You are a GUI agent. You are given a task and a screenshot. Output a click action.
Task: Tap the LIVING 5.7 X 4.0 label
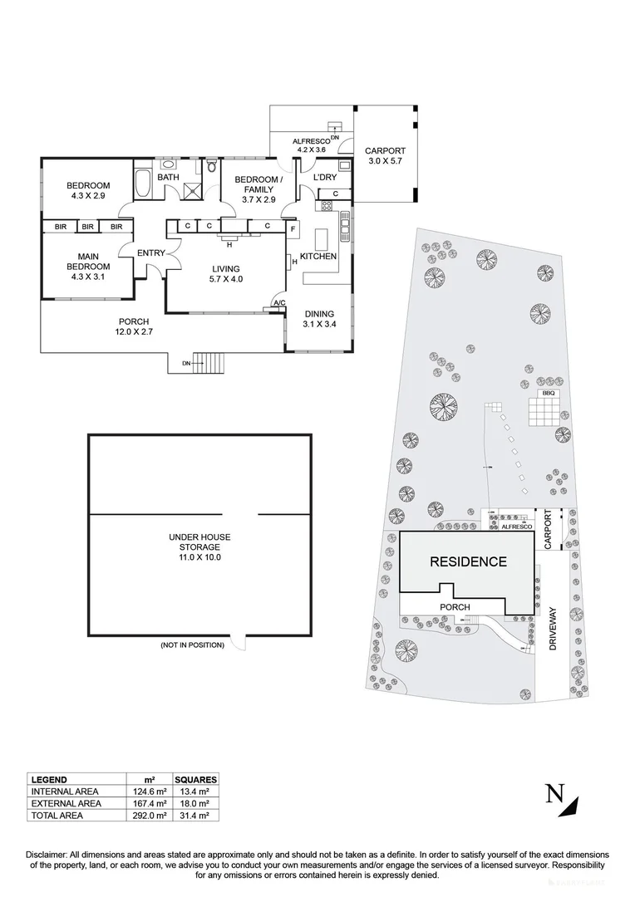225,274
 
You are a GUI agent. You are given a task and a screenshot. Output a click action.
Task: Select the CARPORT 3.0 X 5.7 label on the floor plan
383,156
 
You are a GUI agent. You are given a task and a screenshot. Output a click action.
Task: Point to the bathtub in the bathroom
141,184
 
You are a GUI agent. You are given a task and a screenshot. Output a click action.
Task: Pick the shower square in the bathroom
194,190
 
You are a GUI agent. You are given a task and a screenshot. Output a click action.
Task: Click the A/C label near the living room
279,304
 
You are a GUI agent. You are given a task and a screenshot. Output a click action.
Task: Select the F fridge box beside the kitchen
293,227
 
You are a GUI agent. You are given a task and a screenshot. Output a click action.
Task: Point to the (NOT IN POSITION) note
192,645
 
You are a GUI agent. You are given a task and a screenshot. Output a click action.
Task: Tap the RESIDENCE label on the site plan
468,561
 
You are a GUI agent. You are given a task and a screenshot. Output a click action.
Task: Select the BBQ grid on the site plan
546,410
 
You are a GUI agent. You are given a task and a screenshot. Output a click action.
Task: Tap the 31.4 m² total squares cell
196,816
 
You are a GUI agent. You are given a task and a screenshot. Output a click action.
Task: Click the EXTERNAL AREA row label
66,804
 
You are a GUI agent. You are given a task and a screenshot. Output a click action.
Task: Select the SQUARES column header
196,780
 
